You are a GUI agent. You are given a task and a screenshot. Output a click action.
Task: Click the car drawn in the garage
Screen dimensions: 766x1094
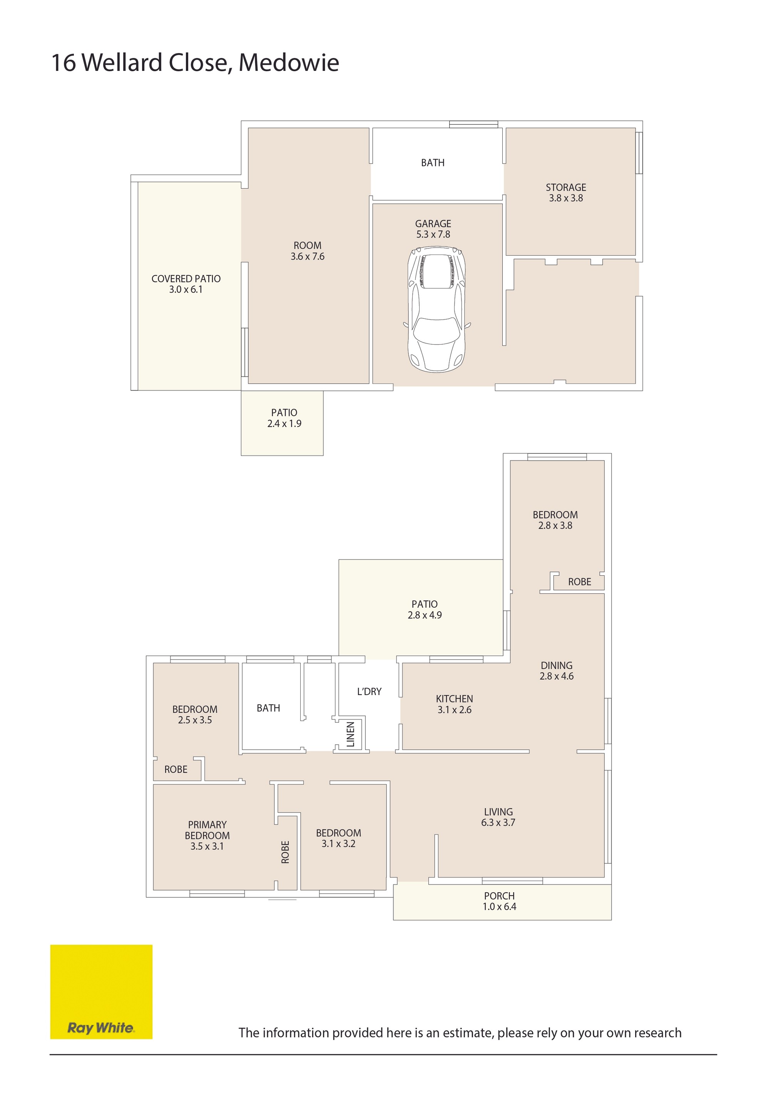[437, 309]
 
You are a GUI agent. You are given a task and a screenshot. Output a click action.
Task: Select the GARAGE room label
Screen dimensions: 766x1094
[433, 223]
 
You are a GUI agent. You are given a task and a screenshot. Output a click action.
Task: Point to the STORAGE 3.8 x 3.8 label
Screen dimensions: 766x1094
[566, 193]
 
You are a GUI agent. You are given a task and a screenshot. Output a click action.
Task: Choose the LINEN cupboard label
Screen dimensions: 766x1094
[351, 734]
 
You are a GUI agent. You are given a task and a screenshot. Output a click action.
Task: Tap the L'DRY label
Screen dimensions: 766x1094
[369, 691]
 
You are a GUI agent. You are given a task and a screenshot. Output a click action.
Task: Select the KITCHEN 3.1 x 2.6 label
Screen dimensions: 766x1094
[455, 704]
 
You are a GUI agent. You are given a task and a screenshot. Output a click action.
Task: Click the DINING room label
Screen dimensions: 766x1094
[556, 665]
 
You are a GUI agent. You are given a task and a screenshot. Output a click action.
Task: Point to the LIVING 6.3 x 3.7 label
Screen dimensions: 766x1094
[498, 817]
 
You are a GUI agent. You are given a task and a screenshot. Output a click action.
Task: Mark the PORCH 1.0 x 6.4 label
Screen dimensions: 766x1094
[499, 901]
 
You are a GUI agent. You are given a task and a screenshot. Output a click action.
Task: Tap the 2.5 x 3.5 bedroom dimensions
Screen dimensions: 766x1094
[195, 720]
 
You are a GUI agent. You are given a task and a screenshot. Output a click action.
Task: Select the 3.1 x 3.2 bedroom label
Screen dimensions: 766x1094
[338, 843]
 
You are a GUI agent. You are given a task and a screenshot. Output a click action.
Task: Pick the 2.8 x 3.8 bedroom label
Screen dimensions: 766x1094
[555, 525]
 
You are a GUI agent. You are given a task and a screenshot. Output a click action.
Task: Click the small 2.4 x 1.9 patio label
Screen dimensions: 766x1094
[284, 423]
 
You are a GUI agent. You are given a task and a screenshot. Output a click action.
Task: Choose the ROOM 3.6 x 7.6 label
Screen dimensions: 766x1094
[308, 251]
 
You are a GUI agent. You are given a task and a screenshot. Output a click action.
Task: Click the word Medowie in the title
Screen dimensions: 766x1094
[289, 62]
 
